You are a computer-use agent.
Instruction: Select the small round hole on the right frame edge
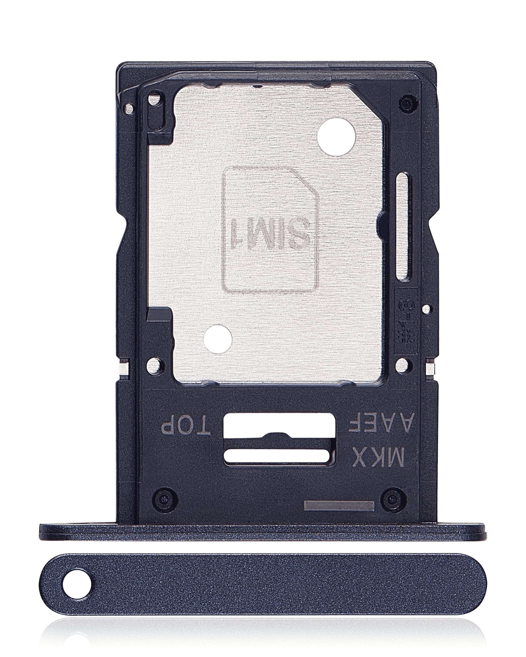coord(427,309)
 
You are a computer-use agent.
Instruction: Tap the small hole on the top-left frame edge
coord(129,107)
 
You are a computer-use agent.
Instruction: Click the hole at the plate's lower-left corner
coord(155,366)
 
